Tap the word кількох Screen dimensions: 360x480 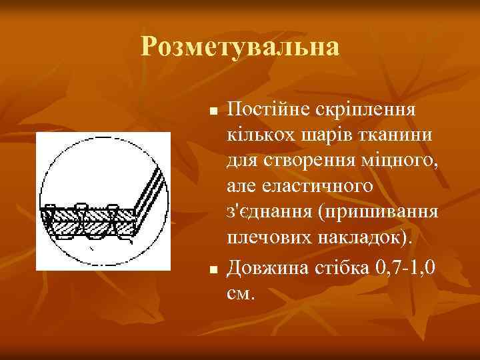coord(259,135)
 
